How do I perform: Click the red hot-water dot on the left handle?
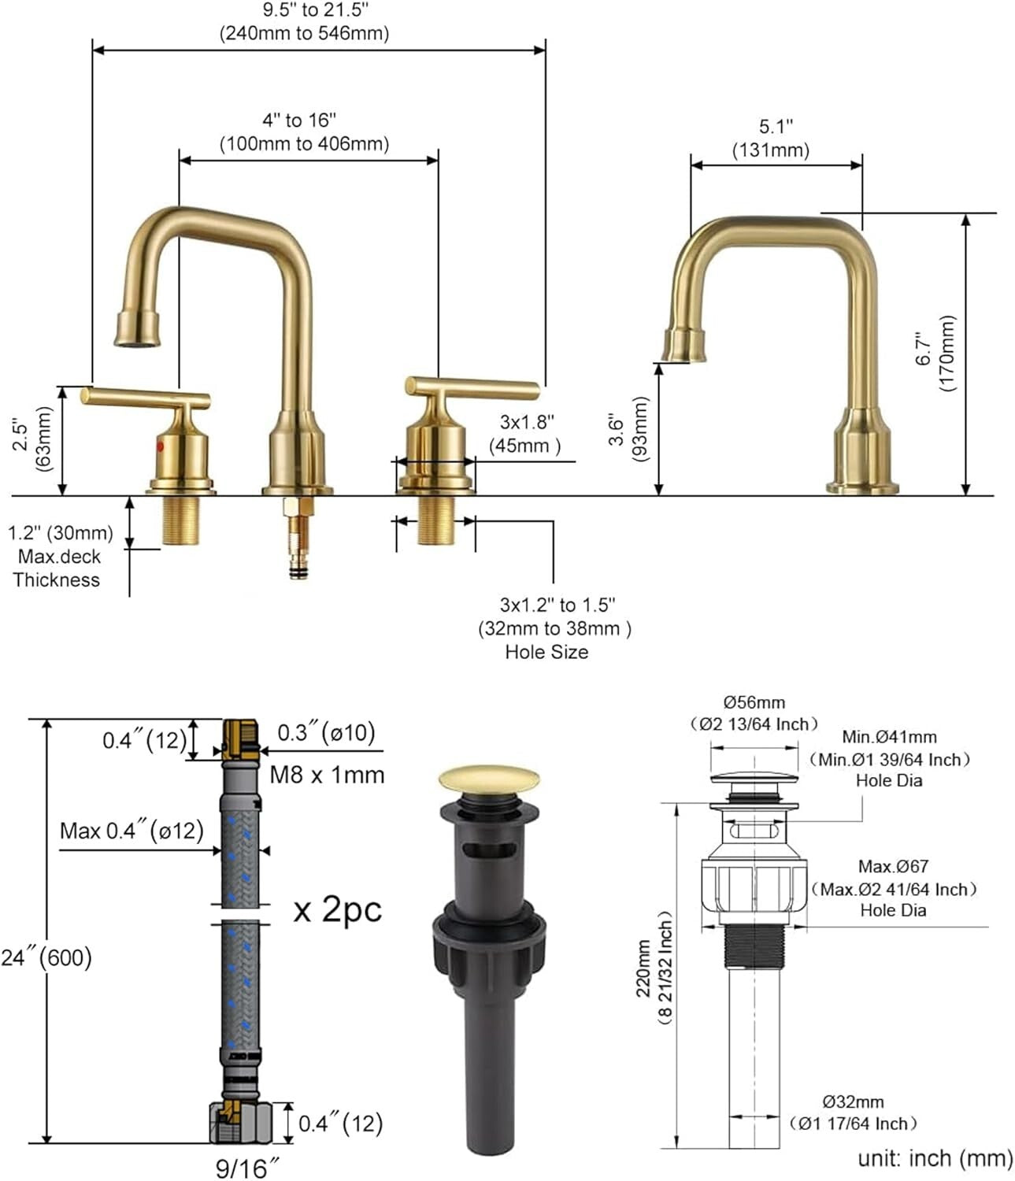coord(161,446)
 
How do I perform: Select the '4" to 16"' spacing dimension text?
coord(299,120)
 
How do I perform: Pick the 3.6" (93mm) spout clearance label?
coord(628,429)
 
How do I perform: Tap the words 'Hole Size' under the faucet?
coord(546,652)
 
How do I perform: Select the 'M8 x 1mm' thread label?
coord(327,775)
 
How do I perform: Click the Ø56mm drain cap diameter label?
coord(754,702)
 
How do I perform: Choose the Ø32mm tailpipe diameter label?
coord(853,1101)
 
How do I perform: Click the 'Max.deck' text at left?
coord(59,557)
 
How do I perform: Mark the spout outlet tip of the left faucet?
coord(137,340)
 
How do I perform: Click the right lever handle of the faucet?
coord(472,387)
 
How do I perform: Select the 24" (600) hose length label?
coord(46,957)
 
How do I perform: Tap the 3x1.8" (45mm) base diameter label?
coord(526,434)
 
